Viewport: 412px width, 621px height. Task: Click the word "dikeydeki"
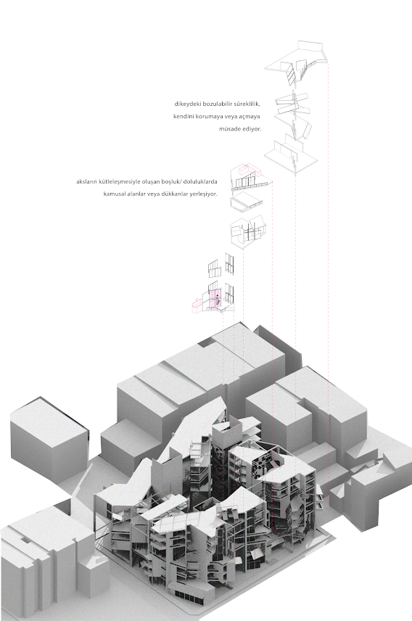[x=187, y=104]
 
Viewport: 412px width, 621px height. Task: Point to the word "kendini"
[x=184, y=117]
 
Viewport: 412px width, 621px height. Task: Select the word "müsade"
[x=230, y=129]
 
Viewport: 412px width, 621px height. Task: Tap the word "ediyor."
[x=252, y=129]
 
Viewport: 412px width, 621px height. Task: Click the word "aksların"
[x=86, y=182]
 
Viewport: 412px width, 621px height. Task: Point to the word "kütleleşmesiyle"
[x=119, y=182]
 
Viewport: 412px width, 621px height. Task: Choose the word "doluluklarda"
[x=200, y=182]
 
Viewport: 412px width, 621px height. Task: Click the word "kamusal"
[x=115, y=194]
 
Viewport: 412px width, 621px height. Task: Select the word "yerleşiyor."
[x=202, y=194]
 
